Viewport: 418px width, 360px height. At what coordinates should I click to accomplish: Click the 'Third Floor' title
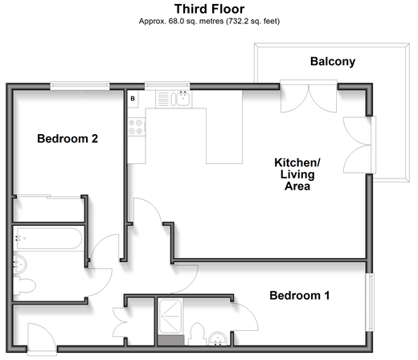[209, 9]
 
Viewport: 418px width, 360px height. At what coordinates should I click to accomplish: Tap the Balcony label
[333, 61]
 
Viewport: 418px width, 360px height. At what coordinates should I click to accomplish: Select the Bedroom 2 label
[68, 138]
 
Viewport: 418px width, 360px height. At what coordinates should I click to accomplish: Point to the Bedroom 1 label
[299, 296]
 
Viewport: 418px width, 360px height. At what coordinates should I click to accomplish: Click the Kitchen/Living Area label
[297, 174]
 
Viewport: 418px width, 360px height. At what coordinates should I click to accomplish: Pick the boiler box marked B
[133, 99]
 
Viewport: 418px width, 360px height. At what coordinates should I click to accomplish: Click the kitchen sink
[180, 99]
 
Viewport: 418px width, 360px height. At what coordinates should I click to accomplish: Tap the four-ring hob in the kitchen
[137, 127]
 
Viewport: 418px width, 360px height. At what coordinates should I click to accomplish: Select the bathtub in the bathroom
[48, 239]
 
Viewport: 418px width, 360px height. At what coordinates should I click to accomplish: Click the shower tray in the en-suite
[170, 317]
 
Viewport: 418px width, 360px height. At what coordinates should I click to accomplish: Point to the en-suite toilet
[197, 334]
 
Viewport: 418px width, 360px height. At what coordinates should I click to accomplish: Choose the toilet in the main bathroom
[25, 286]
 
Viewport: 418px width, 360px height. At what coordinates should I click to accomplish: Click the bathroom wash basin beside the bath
[20, 264]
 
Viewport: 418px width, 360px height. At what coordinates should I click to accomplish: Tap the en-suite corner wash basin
[218, 339]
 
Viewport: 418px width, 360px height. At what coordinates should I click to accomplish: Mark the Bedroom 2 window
[80, 85]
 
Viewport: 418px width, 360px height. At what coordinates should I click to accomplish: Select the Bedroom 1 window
[370, 302]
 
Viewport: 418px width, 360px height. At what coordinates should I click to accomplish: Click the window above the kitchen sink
[167, 85]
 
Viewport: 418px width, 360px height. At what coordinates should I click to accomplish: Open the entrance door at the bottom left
[42, 339]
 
